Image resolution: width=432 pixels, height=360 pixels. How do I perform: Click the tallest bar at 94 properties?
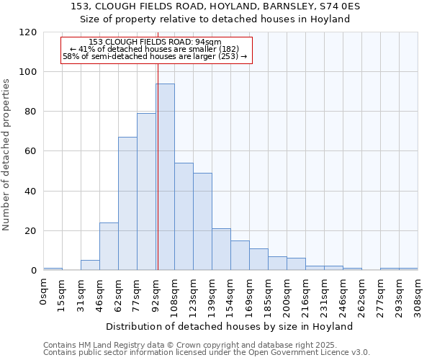point(166,177)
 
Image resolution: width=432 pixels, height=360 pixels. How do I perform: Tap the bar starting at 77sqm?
point(146,192)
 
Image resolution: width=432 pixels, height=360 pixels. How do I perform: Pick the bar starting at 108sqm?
point(184,217)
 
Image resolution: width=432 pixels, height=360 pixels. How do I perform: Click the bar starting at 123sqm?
point(202,222)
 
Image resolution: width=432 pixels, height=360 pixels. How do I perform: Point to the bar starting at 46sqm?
point(109,246)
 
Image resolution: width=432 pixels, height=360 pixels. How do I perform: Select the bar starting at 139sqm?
point(221,249)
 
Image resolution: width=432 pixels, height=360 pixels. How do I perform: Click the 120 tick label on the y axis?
point(28,32)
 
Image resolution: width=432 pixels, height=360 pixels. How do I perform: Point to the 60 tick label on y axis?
point(31,152)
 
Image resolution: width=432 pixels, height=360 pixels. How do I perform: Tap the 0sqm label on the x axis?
point(44,291)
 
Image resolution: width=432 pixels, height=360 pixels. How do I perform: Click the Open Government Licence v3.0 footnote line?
point(207,352)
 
